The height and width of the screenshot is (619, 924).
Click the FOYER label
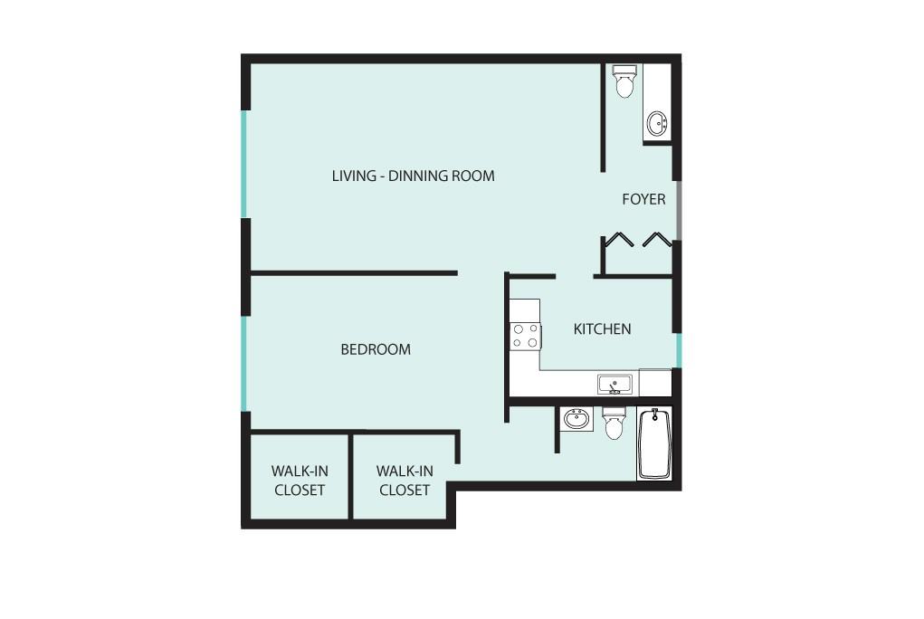pos(643,199)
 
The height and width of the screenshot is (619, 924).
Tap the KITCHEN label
pos(602,329)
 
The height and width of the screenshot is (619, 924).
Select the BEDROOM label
pos(375,349)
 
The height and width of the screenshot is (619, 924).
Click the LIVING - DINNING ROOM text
pos(413,176)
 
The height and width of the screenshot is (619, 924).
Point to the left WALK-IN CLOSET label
pos(300,481)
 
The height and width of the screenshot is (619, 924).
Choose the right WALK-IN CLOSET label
pos(405,481)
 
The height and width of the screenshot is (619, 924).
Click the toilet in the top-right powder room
pos(624,81)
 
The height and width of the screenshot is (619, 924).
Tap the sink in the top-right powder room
pos(657,124)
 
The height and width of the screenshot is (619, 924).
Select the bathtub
pos(654,444)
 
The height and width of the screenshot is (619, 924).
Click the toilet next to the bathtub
pos(614,423)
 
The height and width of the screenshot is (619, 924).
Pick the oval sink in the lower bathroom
pos(576,419)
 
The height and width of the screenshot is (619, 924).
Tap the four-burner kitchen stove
pos(526,336)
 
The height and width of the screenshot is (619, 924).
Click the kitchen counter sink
pos(615,385)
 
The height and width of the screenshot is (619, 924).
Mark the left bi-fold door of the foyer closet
pos(619,240)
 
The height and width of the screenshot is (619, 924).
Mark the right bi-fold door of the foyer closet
pos(656,240)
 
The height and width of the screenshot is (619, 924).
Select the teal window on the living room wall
pos(243,163)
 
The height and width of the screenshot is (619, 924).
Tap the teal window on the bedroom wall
pos(243,362)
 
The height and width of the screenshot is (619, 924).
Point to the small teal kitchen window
pos(678,350)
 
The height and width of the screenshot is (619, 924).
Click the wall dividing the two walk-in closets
pos(350,477)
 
